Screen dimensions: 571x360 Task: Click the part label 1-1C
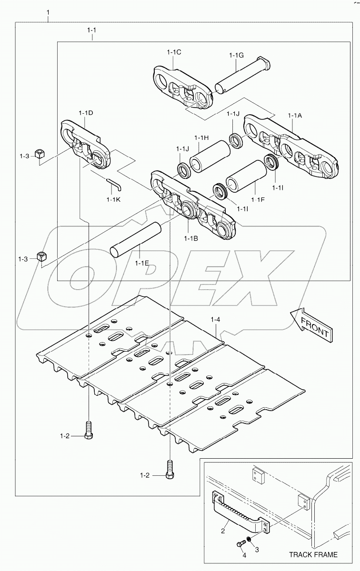click(x=174, y=52)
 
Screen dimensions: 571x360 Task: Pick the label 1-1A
click(x=295, y=115)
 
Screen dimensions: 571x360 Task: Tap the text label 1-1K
click(x=113, y=199)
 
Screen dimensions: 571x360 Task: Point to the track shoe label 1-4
click(x=215, y=321)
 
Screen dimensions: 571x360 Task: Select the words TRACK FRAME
click(x=313, y=554)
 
